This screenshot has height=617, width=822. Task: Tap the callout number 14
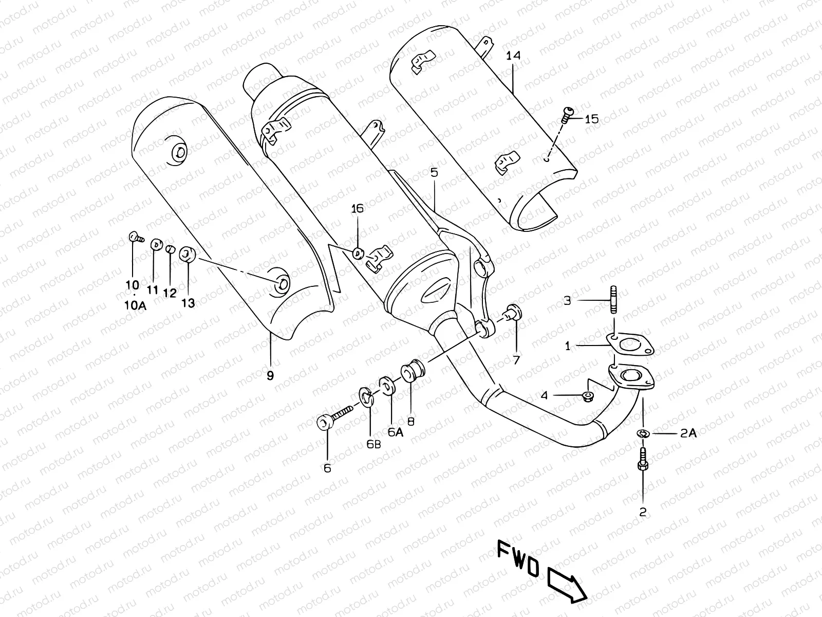point(513,56)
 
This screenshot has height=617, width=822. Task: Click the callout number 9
point(270,376)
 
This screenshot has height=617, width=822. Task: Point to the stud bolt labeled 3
point(613,299)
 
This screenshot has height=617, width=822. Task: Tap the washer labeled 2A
point(642,434)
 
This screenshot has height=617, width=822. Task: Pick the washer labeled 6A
point(386,386)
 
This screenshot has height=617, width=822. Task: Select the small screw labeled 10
point(134,237)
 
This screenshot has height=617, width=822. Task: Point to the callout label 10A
point(135,305)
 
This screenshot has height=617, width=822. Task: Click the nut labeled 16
point(358,252)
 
